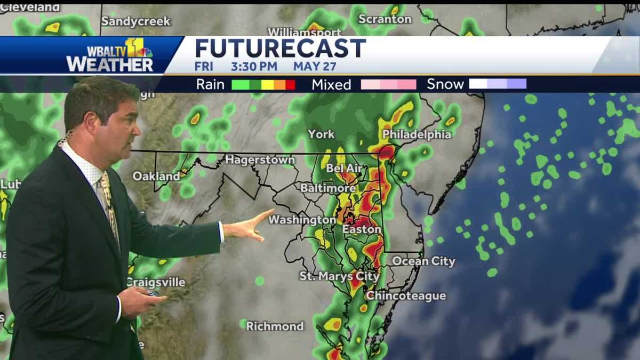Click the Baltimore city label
pos(327,188)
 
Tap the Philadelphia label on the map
pos(417,134)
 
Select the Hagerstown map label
pos(260,160)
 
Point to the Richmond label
pos(275,326)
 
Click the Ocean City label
pos(423,261)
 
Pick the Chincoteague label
pos(406,296)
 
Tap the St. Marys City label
pos(339,276)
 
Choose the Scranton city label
pos(385,19)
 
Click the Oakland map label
pos(156,176)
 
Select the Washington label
pos(302,220)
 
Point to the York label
pos(321,134)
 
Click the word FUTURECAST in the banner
pos(281,49)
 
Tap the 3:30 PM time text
pos(254,67)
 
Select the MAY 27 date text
pos(315,67)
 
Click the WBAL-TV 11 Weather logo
pos(110,55)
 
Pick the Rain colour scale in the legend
pos(263,84)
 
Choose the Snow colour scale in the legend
pos(497,84)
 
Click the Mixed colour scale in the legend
pos(388,84)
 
